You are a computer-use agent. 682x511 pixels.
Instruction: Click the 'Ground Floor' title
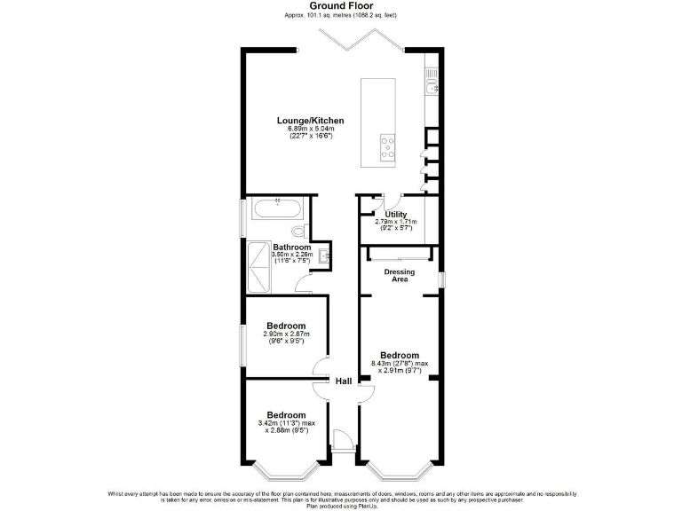340,5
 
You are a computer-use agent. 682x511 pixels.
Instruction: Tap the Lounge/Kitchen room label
310,121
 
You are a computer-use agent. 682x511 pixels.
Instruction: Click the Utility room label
396,215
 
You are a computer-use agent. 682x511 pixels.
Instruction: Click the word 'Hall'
343,381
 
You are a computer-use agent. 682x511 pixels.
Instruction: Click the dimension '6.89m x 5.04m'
310,130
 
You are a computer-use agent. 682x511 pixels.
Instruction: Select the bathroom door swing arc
305,285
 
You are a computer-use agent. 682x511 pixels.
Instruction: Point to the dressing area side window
441,279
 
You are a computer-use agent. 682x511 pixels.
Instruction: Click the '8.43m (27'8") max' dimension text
400,363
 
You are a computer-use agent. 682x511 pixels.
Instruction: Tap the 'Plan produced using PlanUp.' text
340,506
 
